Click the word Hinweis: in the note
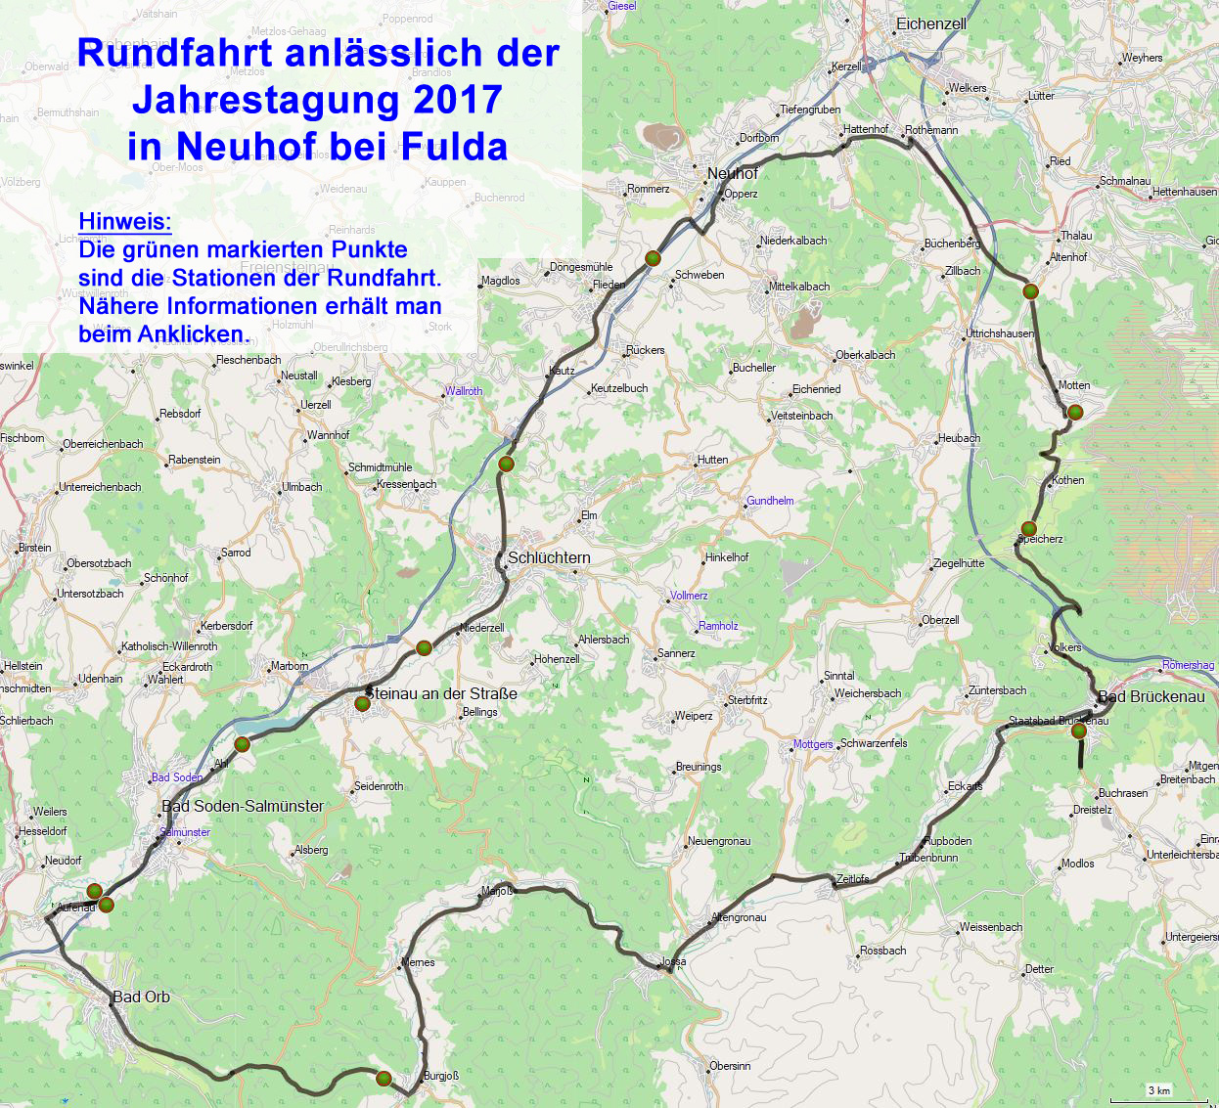(x=124, y=221)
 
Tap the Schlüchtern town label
(x=549, y=557)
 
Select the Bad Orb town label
(x=141, y=997)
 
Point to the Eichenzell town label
(x=930, y=23)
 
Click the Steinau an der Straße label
(x=441, y=693)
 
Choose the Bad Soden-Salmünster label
(x=243, y=806)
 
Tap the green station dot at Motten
(x=1074, y=413)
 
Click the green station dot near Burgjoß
(x=384, y=1079)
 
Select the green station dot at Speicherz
(x=1028, y=529)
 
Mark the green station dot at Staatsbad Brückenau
(x=1079, y=731)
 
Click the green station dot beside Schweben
(x=653, y=258)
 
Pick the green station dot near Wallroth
(x=506, y=464)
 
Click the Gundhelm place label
(x=770, y=501)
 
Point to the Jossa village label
(x=673, y=961)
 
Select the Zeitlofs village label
(x=852, y=878)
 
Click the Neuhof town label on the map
(x=732, y=173)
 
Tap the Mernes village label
(x=418, y=962)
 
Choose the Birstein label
(x=35, y=548)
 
